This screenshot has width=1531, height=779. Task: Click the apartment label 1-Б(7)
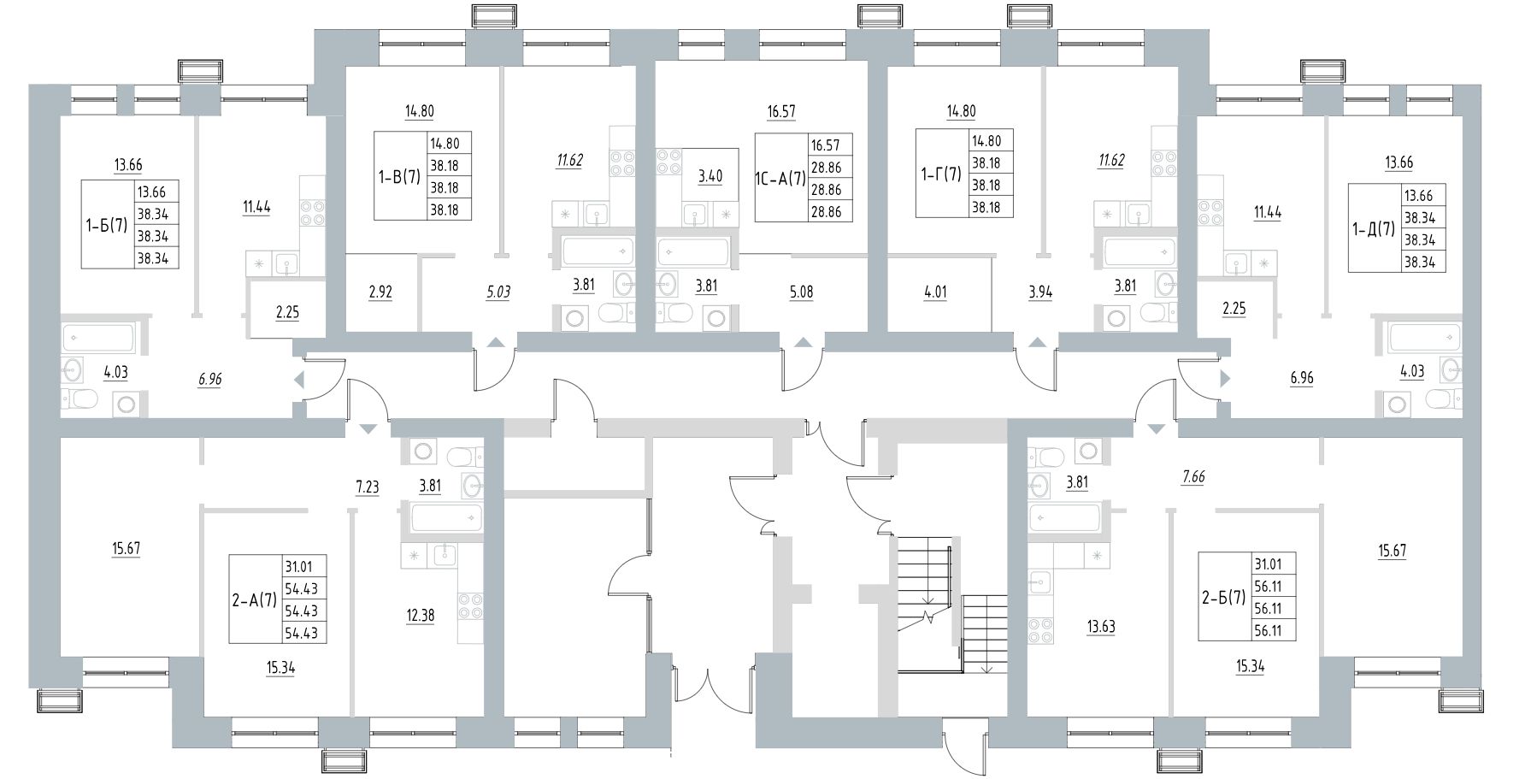coord(107,225)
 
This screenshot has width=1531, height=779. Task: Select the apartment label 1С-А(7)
coord(780,179)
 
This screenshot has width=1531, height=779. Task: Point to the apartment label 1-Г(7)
coord(941,174)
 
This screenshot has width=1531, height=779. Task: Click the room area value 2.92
coord(381,292)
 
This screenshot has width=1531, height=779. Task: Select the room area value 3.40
coord(710,177)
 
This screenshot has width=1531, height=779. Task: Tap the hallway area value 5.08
coord(802,292)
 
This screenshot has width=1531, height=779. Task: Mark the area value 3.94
coord(1040,292)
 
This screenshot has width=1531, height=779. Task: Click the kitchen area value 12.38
coord(421,615)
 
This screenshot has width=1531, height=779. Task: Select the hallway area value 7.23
coord(368,487)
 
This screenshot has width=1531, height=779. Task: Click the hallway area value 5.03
coord(498,292)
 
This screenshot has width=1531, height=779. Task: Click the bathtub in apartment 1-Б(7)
coord(97,337)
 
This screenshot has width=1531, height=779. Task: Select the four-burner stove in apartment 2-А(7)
coord(471,605)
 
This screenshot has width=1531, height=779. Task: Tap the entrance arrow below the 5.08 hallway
coord(802,343)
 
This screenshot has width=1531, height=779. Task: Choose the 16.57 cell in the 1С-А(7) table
coord(830,145)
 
